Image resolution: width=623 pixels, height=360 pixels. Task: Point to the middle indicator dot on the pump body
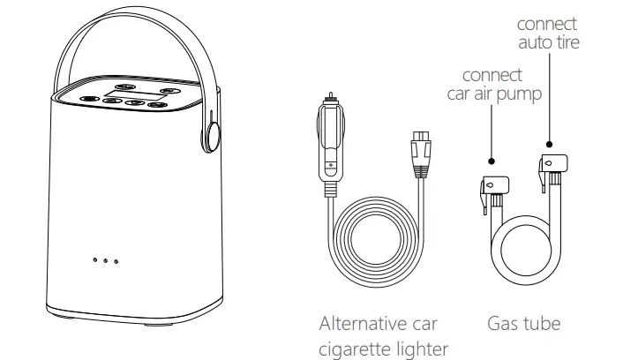click(x=105, y=261)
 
